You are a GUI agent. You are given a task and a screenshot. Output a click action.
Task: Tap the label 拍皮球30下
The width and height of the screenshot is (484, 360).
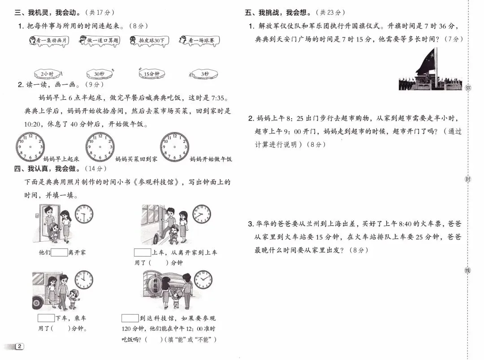148,41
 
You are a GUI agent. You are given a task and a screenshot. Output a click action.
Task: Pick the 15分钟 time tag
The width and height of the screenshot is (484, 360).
151,73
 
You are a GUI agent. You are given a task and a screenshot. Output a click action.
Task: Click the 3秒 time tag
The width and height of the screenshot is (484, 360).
204,73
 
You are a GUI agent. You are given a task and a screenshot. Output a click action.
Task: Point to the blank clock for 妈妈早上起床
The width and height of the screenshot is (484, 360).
30,146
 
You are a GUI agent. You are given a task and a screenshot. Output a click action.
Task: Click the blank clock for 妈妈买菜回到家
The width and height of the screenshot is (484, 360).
100,146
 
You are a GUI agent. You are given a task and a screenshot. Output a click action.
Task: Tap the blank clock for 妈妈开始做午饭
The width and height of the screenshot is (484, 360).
174,146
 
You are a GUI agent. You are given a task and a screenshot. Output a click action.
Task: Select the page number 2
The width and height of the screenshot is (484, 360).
20,347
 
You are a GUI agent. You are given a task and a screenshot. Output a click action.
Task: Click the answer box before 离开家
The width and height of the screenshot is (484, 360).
59,252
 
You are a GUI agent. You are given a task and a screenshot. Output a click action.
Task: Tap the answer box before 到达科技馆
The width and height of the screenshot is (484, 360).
130,318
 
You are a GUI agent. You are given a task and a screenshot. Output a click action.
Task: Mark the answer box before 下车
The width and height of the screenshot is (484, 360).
46,318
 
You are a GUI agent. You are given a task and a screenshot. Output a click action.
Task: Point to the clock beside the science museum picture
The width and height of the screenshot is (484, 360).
203,279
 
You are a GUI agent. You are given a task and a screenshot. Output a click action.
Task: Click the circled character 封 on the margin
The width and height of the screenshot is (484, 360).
468,179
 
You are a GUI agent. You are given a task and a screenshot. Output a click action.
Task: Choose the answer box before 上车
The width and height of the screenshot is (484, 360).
143,252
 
